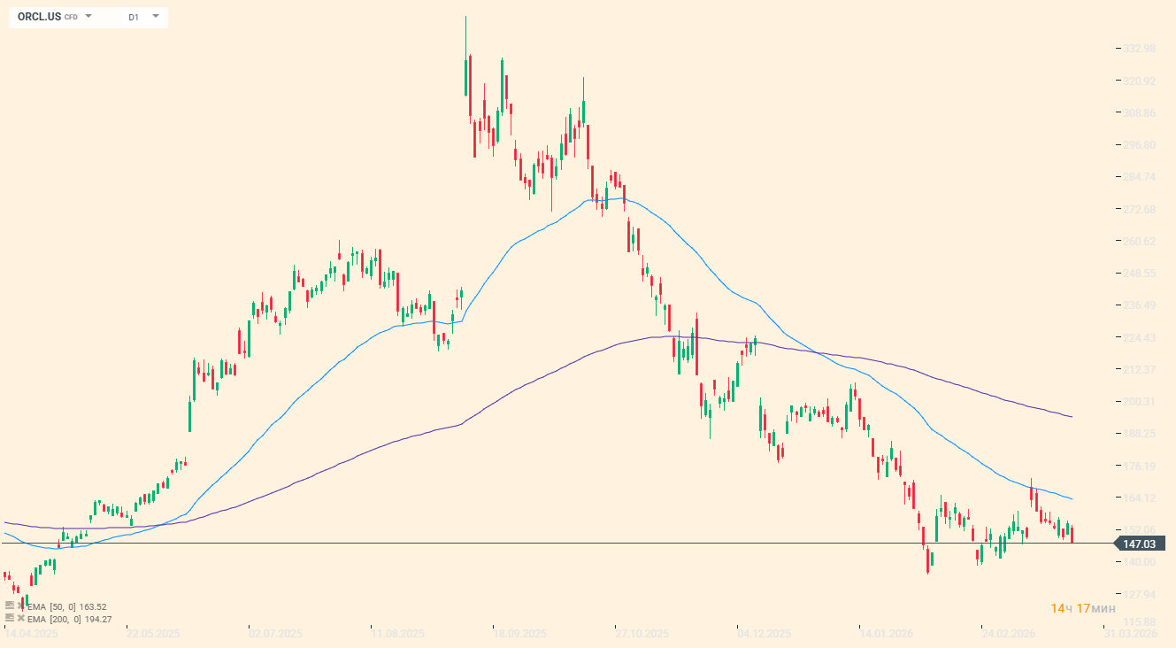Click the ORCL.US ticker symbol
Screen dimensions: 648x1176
point(39,17)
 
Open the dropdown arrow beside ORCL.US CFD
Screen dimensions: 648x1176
point(88,16)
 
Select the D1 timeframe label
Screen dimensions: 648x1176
point(134,17)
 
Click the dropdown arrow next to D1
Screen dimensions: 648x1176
point(156,16)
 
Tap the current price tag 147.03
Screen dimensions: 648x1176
point(1139,544)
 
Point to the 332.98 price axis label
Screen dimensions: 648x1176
point(1138,49)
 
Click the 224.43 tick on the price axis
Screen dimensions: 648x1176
point(1138,338)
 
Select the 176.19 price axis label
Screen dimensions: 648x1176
point(1138,467)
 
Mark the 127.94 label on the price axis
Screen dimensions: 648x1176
point(1138,594)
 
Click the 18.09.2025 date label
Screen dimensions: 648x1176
point(519,634)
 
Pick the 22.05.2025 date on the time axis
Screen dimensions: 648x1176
point(153,634)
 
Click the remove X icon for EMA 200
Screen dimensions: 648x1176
point(20,618)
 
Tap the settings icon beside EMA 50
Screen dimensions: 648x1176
point(10,606)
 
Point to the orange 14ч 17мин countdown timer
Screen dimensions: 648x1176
point(1083,608)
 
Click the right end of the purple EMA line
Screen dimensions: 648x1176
point(1072,417)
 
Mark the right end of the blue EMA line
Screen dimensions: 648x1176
point(1072,498)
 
